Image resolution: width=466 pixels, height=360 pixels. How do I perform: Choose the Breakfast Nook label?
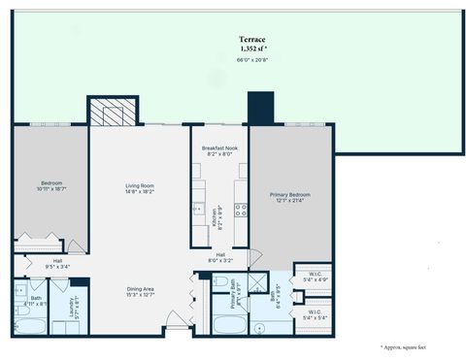pos(219,148)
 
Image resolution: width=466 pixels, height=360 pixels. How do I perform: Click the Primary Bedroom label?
pos(289,197)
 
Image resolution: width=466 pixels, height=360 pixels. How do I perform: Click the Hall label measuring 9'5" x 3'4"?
pos(57,263)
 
